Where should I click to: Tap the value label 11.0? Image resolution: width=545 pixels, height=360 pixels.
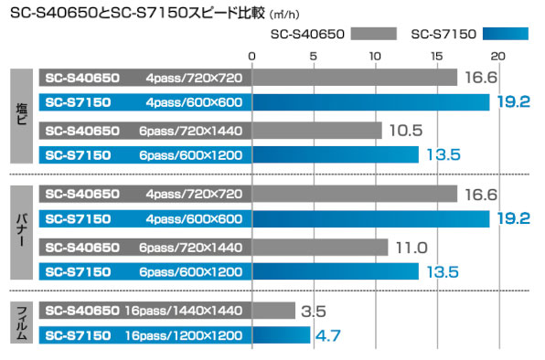(411, 247)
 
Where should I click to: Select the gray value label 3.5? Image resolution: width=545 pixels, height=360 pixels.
(314, 312)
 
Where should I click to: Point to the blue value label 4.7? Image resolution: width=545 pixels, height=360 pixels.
(328, 335)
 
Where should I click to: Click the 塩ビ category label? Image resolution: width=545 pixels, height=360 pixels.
(22, 116)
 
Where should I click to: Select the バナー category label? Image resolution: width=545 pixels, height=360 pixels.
(22, 232)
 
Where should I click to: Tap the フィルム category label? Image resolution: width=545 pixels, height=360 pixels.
(22, 323)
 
